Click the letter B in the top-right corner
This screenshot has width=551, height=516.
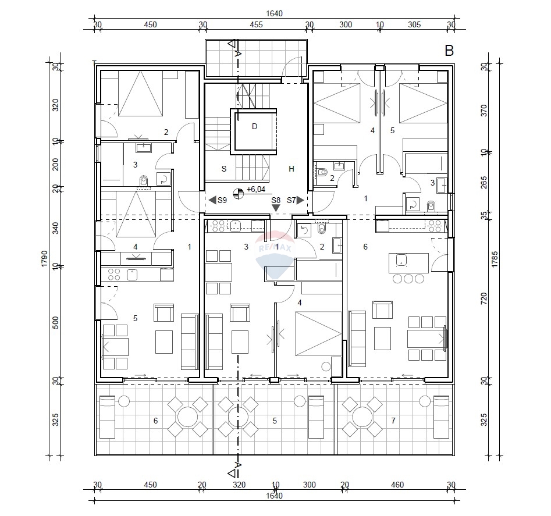(449, 51)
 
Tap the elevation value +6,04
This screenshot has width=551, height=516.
(257, 190)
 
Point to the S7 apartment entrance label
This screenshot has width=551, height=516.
(292, 200)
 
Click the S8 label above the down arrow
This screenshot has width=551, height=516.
(276, 200)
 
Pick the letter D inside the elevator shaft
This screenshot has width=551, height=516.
(254, 127)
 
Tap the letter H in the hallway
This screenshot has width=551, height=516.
(292, 169)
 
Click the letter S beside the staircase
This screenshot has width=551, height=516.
(223, 169)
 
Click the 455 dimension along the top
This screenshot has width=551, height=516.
(256, 24)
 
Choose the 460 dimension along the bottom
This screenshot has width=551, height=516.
(397, 485)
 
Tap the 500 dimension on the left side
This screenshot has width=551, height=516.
(56, 323)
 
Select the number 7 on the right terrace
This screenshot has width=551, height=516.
(393, 420)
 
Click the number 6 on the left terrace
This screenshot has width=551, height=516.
(155, 420)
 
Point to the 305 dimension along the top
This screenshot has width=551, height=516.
(414, 24)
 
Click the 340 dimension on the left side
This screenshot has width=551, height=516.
(56, 227)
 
